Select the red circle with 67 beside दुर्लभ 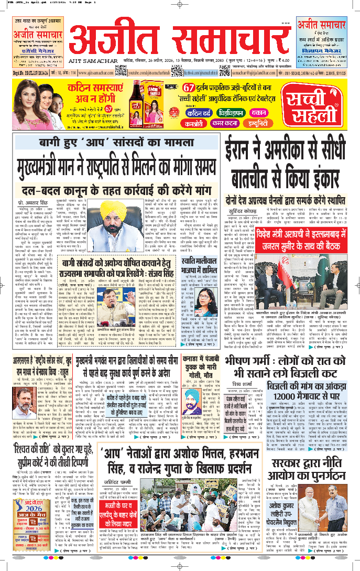(189, 87)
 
